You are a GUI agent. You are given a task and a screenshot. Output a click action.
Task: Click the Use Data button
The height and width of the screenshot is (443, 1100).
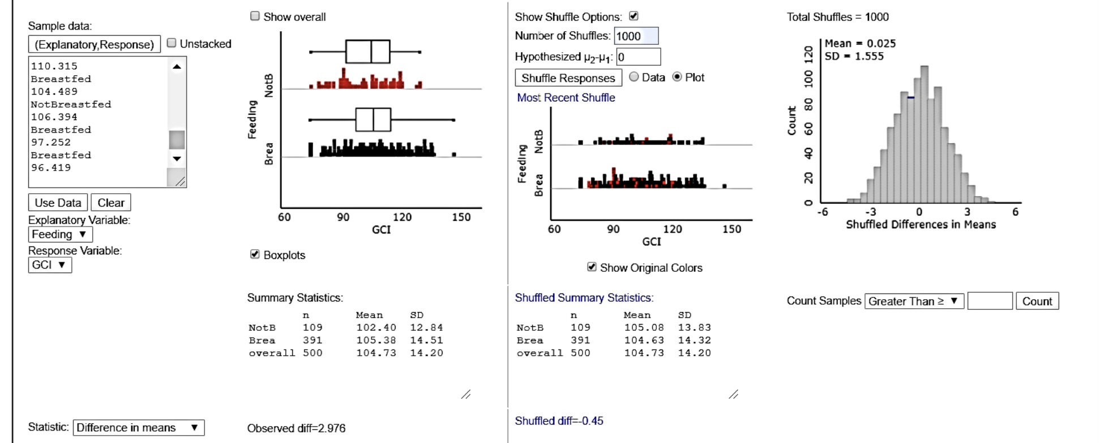click(58, 203)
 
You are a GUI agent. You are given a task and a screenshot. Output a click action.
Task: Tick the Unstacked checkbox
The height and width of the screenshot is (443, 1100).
click(172, 44)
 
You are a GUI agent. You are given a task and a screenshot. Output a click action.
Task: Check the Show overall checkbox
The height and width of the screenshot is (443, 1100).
click(255, 16)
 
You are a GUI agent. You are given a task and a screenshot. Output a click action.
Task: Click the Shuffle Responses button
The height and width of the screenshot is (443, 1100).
click(568, 78)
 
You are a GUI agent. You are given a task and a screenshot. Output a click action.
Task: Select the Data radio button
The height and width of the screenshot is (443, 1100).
click(634, 77)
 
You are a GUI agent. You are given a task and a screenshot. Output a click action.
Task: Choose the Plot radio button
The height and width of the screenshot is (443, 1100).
click(677, 77)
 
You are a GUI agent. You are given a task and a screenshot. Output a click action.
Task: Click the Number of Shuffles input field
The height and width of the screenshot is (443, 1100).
click(636, 36)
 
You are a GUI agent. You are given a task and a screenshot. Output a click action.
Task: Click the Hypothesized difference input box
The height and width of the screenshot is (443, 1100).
click(638, 57)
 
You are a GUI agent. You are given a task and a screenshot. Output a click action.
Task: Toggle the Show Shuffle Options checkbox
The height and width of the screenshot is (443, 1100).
click(634, 16)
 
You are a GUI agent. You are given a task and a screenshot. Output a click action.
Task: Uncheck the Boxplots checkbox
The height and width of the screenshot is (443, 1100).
click(255, 254)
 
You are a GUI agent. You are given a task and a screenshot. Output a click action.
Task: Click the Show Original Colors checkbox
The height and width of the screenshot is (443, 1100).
click(592, 267)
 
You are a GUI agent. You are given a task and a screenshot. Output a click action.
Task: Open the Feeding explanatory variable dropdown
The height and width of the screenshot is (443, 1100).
click(59, 235)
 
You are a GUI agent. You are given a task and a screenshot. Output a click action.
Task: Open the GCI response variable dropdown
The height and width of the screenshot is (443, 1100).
click(50, 265)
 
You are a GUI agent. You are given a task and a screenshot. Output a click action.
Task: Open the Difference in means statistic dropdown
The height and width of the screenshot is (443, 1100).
click(138, 428)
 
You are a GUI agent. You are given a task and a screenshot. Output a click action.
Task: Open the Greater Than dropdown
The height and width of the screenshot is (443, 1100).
click(913, 301)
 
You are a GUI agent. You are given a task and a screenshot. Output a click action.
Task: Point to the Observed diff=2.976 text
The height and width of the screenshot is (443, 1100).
click(296, 428)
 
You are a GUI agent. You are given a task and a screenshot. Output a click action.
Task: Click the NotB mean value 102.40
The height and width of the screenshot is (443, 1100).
click(376, 327)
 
